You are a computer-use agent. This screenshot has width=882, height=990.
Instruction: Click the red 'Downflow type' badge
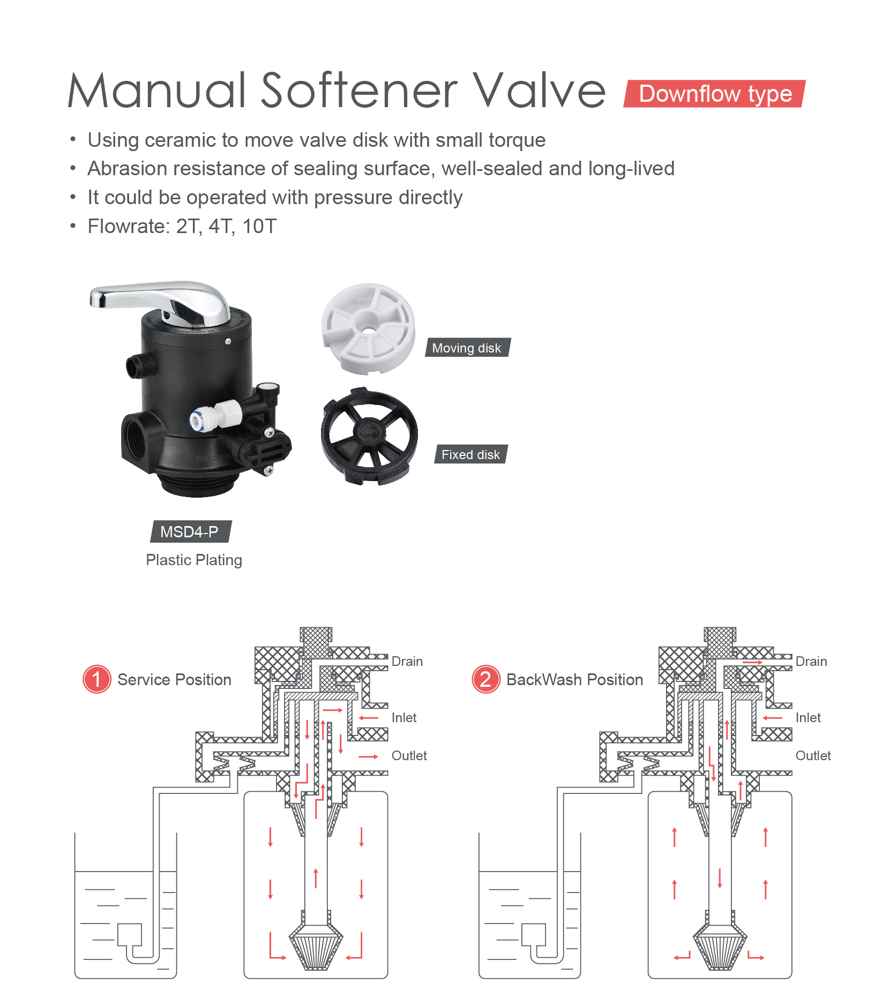tap(714, 94)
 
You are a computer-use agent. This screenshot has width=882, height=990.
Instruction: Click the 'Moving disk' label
tap(467, 348)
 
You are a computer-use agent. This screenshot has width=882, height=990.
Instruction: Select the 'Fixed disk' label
tap(470, 454)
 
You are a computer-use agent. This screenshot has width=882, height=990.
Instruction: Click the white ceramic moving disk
tap(368, 328)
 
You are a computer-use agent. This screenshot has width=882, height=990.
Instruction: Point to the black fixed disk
tap(369, 435)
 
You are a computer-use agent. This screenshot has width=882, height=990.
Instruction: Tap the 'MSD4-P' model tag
tap(190, 531)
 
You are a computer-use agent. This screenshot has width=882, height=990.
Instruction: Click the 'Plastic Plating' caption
tap(194, 560)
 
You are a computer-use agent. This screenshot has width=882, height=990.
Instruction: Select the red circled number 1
tap(97, 679)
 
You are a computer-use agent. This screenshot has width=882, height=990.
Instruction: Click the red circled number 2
tap(485, 679)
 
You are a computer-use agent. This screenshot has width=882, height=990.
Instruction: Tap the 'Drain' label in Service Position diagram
tap(407, 661)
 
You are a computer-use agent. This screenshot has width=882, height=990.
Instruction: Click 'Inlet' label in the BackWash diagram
tap(808, 717)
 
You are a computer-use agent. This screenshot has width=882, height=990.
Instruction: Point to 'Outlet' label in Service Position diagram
tap(409, 755)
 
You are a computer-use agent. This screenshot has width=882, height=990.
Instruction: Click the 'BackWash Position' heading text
tap(574, 679)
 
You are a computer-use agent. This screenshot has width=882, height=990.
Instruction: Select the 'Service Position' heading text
tap(174, 679)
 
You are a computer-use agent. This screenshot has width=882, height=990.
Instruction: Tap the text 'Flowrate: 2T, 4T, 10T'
tap(182, 226)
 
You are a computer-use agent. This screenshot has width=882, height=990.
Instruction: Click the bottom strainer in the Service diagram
tap(316, 948)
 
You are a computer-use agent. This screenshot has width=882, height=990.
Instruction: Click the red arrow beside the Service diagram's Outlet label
tap(368, 756)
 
